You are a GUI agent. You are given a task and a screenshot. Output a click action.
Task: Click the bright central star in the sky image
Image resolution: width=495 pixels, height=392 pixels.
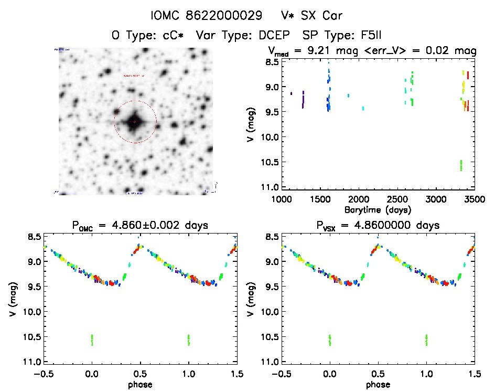click(135, 122)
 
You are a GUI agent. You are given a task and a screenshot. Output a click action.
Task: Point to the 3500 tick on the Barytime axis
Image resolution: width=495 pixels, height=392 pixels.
click(474, 199)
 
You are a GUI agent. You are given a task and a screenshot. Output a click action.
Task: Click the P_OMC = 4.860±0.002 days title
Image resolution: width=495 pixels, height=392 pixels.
click(140, 226)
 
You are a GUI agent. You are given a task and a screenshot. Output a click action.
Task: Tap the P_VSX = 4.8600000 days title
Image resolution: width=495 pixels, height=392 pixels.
click(378, 226)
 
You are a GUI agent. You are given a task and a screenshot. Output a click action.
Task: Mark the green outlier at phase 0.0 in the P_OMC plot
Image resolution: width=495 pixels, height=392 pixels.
click(92, 340)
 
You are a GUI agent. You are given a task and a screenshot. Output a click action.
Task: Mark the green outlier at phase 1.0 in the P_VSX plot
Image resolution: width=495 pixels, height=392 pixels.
click(426, 340)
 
